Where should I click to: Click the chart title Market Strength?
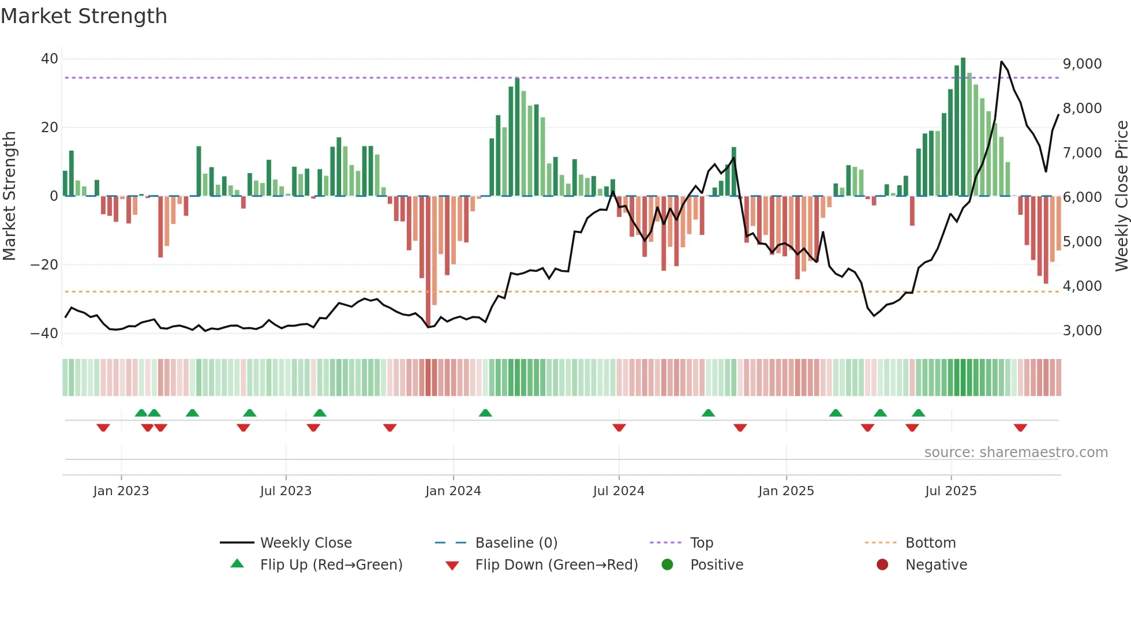tap(84, 16)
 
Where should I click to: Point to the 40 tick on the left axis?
tap(50, 59)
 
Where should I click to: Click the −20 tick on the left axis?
tap(44, 265)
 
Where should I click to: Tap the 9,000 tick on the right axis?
tap(1082, 64)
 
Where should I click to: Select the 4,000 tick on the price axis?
tap(1082, 286)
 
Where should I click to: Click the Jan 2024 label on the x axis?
tap(453, 491)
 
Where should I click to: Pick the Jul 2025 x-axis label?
tap(950, 491)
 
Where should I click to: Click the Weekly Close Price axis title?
tap(1121, 196)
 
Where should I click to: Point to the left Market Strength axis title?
tap(10, 196)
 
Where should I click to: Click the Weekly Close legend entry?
tap(305, 543)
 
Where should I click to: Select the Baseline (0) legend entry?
tap(516, 543)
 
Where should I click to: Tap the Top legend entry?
tap(701, 543)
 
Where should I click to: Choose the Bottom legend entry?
tap(930, 543)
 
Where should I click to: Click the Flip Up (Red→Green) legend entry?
tap(331, 565)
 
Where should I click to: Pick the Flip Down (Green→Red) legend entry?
tap(556, 565)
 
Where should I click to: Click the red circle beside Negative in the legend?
tap(882, 564)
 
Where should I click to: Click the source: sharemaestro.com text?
tap(1016, 452)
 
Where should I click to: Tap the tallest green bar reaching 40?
tap(963, 127)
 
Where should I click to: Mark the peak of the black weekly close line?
tap(1001, 62)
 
